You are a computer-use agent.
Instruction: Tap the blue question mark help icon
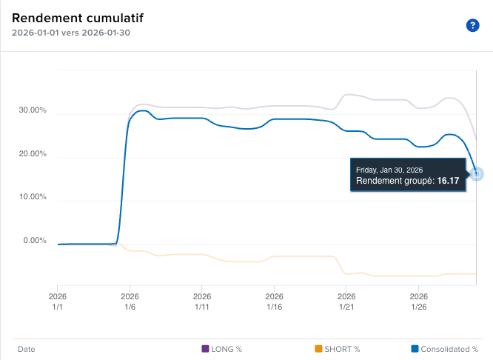tap(472, 25)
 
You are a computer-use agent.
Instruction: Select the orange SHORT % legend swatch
tap(318, 348)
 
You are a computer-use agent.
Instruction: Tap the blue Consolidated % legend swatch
tap(415, 348)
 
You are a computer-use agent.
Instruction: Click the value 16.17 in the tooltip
tap(449, 180)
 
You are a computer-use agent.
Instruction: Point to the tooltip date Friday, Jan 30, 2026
tap(390, 170)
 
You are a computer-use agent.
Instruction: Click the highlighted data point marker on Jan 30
tap(477, 174)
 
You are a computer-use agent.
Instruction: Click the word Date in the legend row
tap(26, 349)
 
